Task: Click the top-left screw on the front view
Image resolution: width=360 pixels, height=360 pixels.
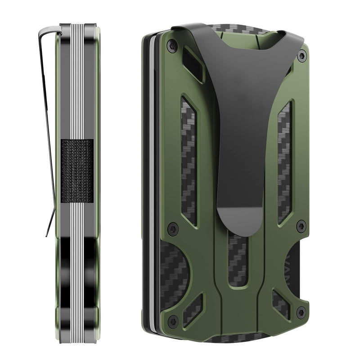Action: pyautogui.click(x=170, y=45)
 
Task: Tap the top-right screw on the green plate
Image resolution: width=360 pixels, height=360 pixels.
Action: pyautogui.click(x=302, y=56)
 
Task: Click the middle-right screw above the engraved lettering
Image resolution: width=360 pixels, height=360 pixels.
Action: pyautogui.click(x=301, y=226)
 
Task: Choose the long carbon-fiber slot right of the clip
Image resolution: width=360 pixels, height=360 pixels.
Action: pyautogui.click(x=284, y=162)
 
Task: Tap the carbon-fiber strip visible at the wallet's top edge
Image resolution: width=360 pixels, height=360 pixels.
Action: pyautogui.click(x=234, y=29)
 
